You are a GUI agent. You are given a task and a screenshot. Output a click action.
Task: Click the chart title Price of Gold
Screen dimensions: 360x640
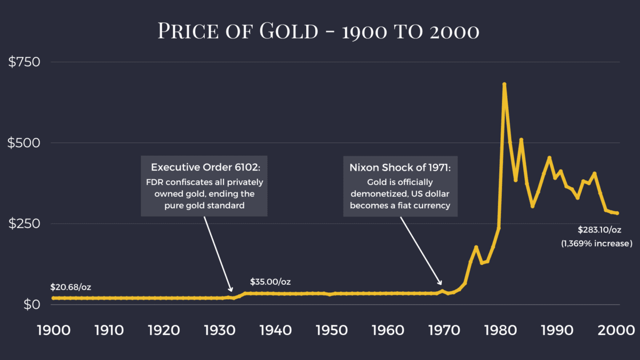click(x=318, y=31)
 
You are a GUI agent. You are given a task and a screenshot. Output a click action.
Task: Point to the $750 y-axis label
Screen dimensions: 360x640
click(x=25, y=62)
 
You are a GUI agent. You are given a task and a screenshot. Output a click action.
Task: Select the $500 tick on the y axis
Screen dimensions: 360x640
click(x=25, y=143)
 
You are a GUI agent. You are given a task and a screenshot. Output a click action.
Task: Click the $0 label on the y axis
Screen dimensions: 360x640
click(x=31, y=304)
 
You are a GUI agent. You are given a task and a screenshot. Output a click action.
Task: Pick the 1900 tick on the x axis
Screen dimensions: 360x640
click(x=53, y=330)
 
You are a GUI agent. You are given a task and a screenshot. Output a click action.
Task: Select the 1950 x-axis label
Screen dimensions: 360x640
click(x=332, y=330)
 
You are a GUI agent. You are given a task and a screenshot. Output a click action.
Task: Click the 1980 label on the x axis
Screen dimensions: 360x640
click(x=499, y=330)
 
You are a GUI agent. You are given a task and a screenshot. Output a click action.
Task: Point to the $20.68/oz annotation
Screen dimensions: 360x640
click(x=71, y=287)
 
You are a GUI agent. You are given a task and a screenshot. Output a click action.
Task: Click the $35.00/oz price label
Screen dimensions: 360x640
click(x=270, y=282)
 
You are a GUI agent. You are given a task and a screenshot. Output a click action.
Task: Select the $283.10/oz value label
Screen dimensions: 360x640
click(x=599, y=230)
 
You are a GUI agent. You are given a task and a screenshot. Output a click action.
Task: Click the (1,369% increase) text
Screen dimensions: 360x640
click(x=596, y=243)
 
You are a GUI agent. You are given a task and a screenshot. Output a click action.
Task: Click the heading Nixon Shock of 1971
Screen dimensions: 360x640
click(x=400, y=167)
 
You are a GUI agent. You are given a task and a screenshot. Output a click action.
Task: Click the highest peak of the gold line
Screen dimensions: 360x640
click(x=504, y=84)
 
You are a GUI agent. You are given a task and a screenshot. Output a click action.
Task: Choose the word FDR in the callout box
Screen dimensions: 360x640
click(x=155, y=182)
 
